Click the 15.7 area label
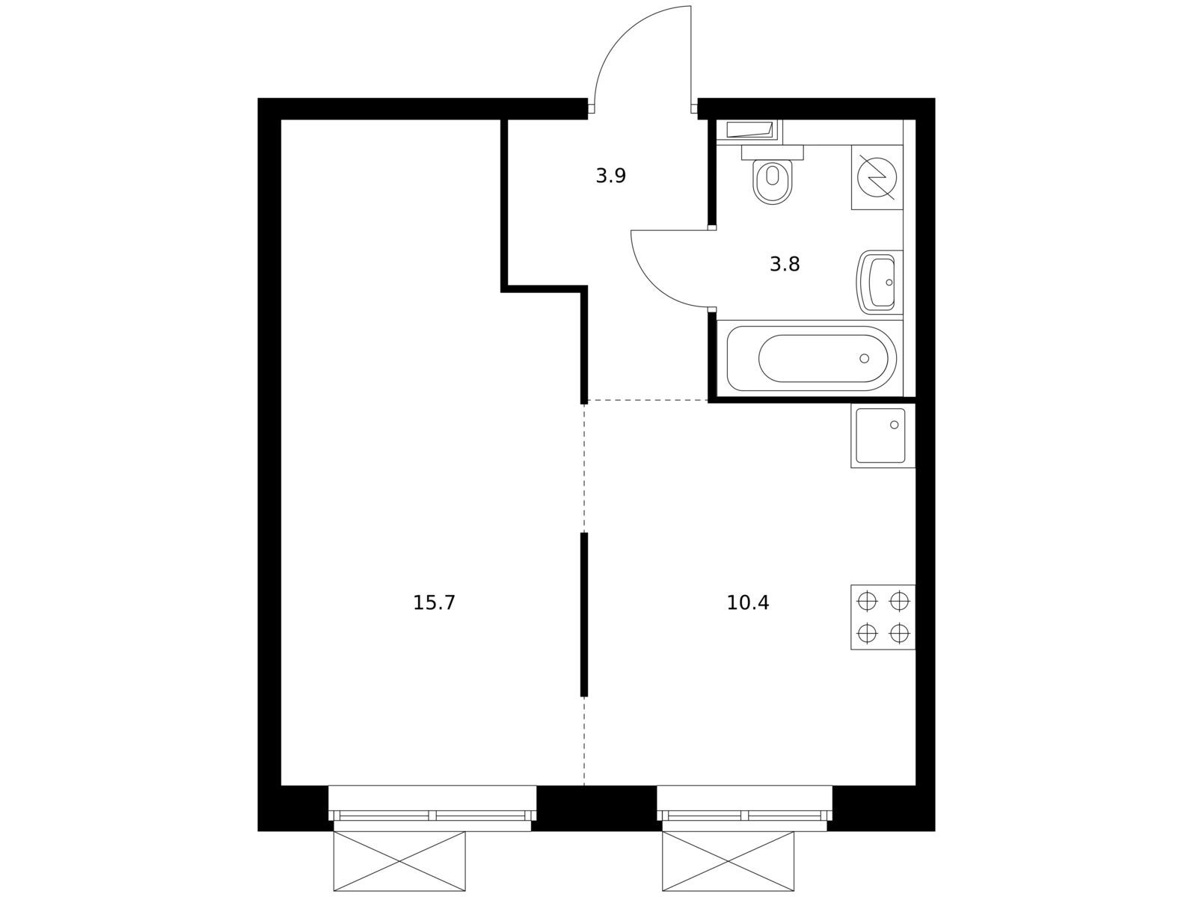434,602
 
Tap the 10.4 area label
747,602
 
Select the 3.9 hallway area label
611,176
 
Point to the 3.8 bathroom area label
785,265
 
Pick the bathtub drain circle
864,358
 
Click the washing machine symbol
877,177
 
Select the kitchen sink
883,436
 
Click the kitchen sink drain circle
894,425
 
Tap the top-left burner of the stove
867,601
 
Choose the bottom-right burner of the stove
900,632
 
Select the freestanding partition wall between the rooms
584,614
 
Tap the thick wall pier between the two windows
596,807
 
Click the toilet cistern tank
773,152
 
